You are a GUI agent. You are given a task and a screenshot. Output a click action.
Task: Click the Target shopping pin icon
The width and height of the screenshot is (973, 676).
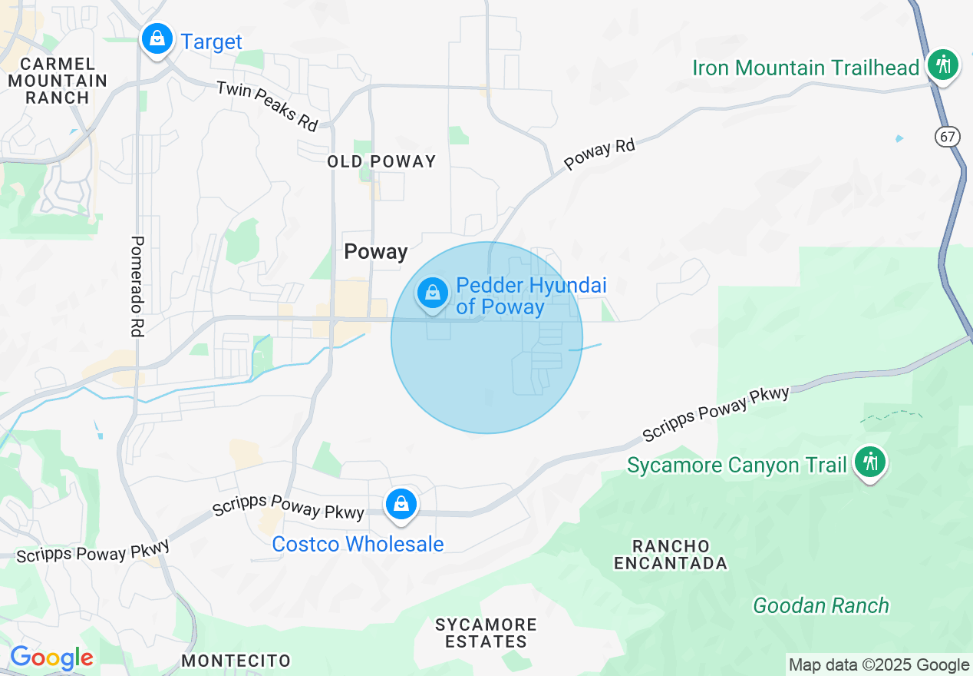157,38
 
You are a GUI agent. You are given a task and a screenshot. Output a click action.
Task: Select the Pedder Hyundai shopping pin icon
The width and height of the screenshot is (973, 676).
433,293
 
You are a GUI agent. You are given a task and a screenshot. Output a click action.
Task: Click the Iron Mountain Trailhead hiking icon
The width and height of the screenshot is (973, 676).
942,65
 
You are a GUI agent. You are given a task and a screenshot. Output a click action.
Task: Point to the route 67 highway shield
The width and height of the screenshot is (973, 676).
947,137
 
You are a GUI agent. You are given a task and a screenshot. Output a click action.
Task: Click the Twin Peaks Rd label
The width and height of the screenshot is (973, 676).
267,105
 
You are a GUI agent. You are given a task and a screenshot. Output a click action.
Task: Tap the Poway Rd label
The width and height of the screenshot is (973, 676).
599,155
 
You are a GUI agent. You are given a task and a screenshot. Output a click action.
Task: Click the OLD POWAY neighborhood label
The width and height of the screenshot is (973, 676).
381,161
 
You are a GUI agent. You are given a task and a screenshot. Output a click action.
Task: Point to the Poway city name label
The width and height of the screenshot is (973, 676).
375,251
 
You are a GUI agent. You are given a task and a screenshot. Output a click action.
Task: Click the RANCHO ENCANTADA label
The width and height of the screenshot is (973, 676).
671,555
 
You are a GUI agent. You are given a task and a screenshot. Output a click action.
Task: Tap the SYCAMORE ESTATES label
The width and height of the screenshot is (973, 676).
486,633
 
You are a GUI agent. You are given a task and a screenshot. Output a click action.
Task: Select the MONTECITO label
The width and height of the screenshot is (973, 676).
236,661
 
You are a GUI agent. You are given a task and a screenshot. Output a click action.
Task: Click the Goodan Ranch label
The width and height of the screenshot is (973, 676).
821,605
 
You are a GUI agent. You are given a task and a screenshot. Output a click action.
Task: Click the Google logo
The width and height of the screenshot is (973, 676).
51,658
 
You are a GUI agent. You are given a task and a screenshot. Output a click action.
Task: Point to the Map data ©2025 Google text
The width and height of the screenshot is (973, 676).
879,665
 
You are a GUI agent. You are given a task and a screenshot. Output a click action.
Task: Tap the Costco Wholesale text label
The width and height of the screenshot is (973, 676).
358,544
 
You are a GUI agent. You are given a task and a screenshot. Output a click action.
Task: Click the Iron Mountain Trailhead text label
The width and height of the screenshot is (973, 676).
806,68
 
